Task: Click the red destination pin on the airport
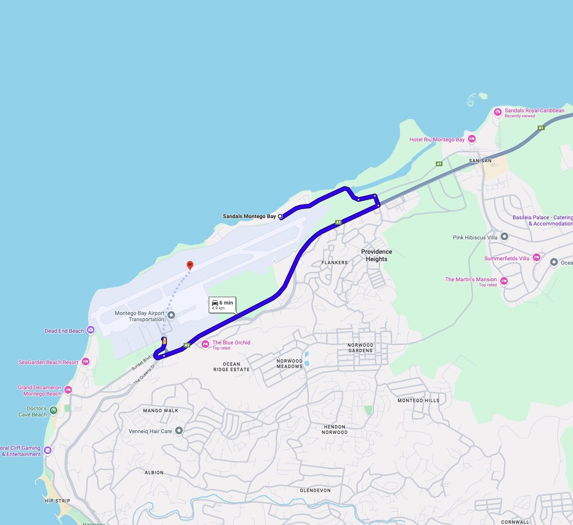(x=190, y=265)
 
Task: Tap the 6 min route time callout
(x=222, y=305)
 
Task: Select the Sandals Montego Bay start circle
(x=280, y=216)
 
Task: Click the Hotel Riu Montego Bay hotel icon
(x=471, y=139)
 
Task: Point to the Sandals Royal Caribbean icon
(x=498, y=112)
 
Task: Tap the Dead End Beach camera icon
(x=91, y=330)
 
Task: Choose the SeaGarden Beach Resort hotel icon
(x=86, y=361)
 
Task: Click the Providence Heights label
(x=376, y=255)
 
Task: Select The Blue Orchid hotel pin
(x=205, y=344)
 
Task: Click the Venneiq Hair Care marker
(x=179, y=430)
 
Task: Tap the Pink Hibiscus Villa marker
(x=504, y=236)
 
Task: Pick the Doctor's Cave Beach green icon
(x=53, y=410)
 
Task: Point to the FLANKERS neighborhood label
(x=334, y=263)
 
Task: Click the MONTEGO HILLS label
(x=418, y=401)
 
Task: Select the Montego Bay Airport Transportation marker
(x=171, y=315)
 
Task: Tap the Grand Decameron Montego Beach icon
(x=68, y=390)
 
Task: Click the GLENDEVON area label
(x=315, y=491)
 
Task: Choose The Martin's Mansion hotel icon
(x=504, y=281)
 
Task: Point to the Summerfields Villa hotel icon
(x=537, y=257)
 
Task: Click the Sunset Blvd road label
(x=141, y=363)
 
